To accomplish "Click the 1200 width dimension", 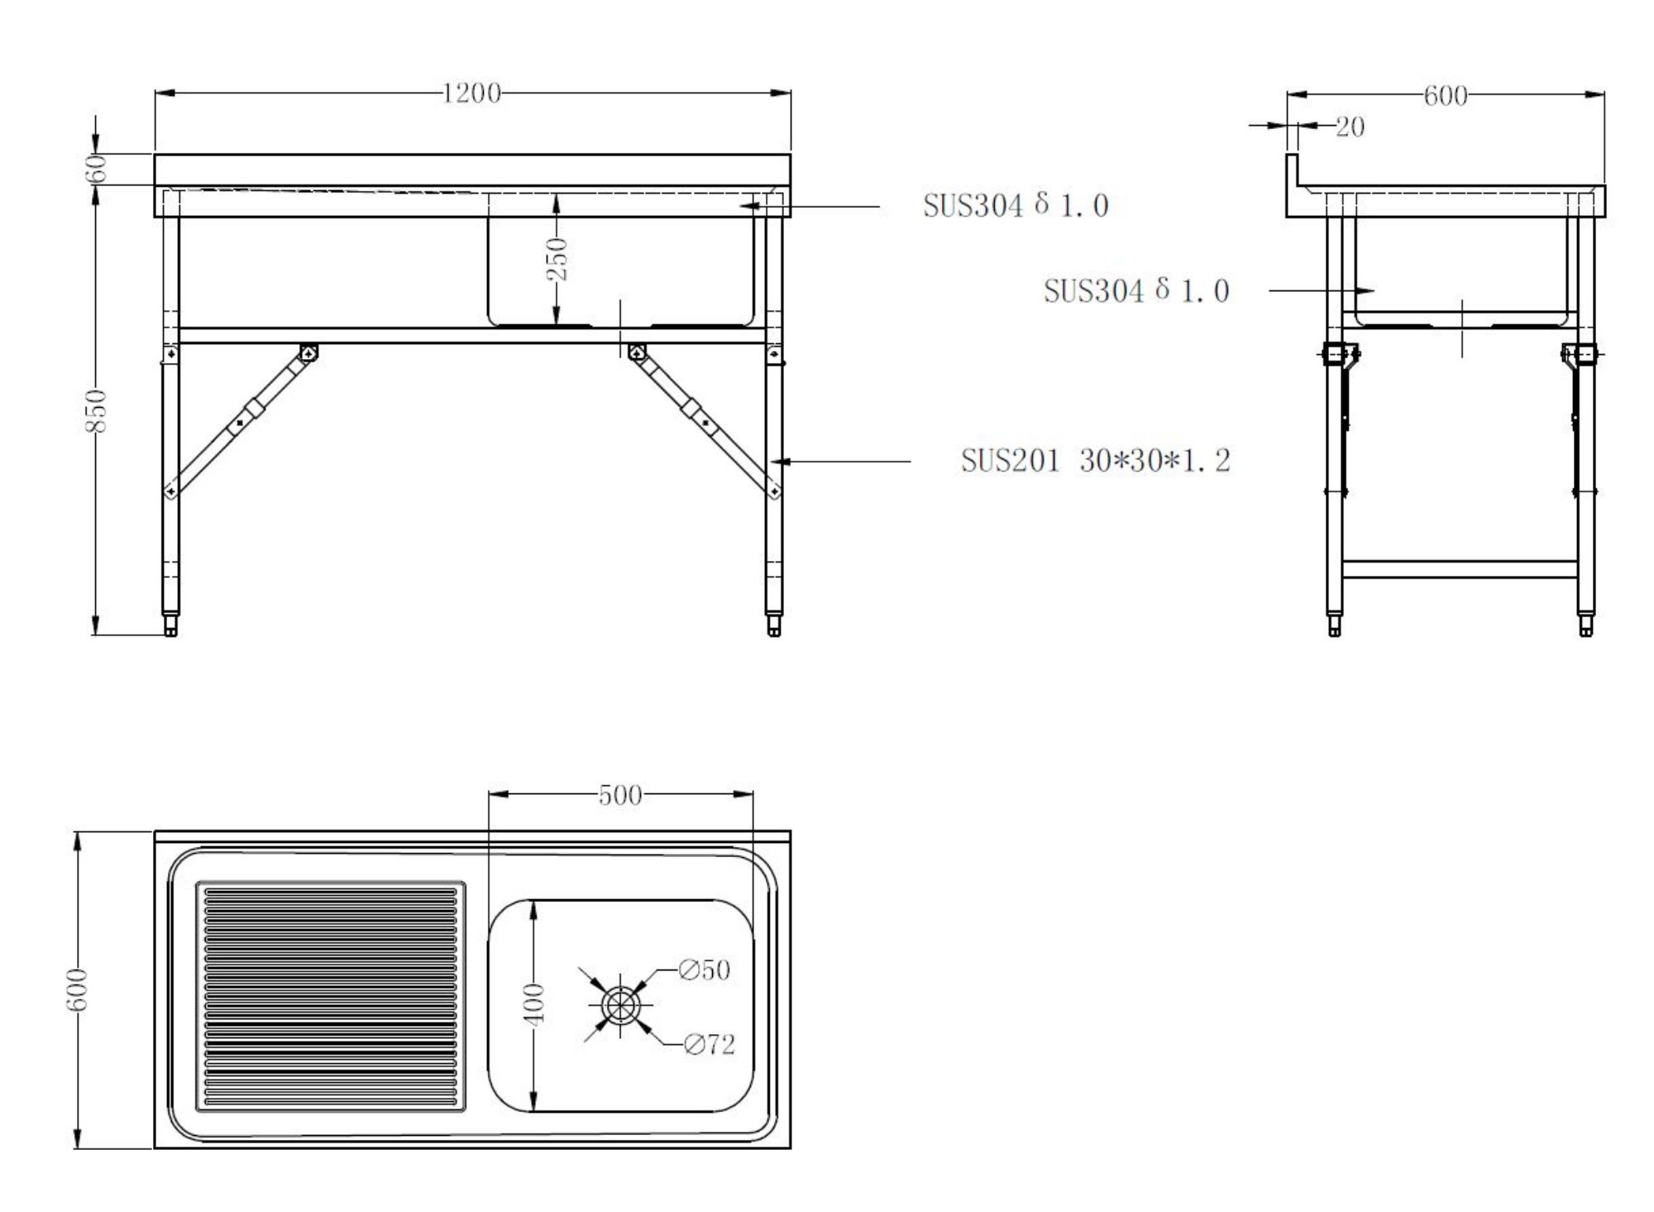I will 471,93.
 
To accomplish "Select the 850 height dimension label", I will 97,410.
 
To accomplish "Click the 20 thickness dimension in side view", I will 1350,127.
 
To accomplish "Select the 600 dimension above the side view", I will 1445,96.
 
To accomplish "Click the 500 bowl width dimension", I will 620,795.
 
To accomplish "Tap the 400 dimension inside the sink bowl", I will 536,1004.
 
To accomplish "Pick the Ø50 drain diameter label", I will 705,970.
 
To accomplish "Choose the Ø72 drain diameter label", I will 710,1045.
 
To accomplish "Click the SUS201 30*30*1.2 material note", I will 1095,461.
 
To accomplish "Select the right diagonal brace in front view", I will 703,422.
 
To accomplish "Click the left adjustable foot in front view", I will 171,625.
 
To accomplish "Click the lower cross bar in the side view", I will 1460,569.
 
